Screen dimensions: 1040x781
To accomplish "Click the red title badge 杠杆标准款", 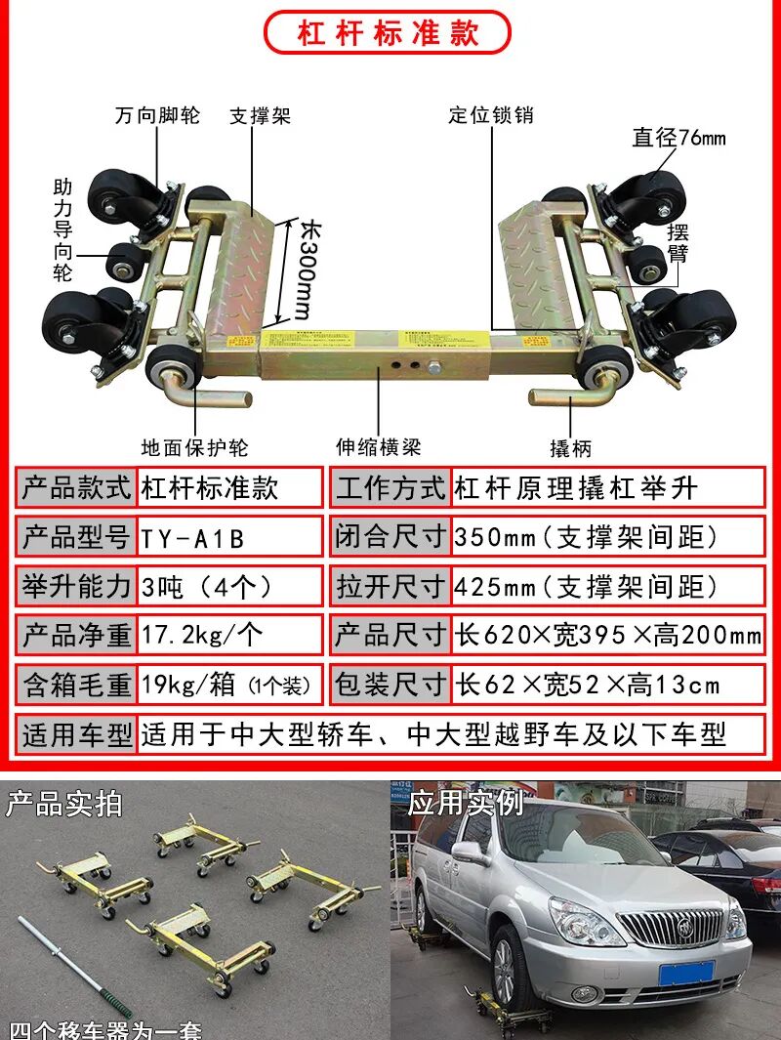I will tap(388, 32).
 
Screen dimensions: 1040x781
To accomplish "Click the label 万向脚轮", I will tap(157, 115).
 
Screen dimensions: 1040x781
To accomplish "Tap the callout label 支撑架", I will tap(260, 116).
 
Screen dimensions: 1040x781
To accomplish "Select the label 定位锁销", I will tap(491, 115).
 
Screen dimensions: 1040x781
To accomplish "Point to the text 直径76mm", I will tap(678, 138).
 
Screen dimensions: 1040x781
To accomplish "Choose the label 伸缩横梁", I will tap(379, 448).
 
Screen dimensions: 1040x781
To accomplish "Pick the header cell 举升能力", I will tap(76, 587).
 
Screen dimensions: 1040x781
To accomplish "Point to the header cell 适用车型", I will tap(76, 734).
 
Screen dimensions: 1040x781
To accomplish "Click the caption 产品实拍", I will tap(64, 804).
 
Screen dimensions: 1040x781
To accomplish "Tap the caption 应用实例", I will tap(465, 804).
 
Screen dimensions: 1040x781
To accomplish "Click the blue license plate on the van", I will tap(685, 973).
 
